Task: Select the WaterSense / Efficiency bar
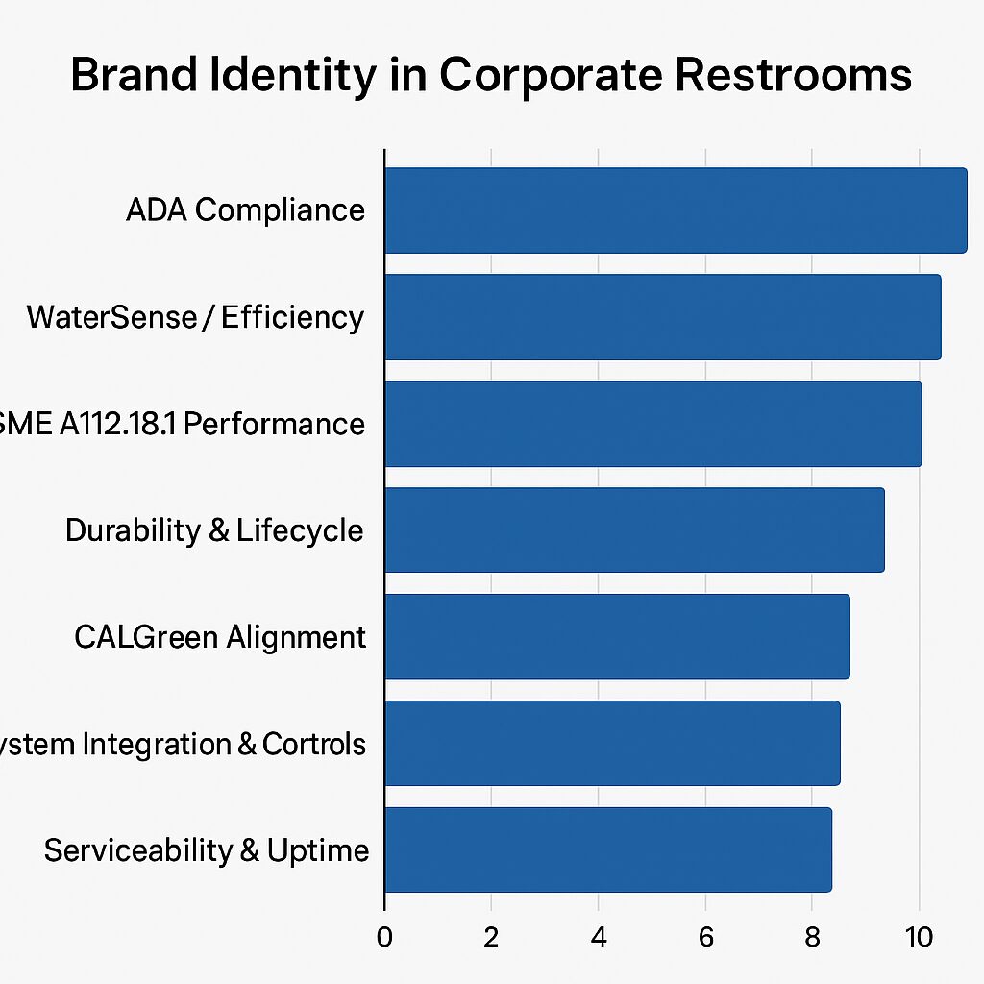click(x=663, y=317)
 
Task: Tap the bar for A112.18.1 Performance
click(x=653, y=424)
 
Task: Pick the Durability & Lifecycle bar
click(x=634, y=530)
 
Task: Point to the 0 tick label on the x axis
click(x=384, y=938)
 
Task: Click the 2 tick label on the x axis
click(x=491, y=938)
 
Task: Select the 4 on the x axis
click(x=599, y=938)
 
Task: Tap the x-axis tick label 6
click(x=705, y=938)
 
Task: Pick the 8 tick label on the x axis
click(x=813, y=938)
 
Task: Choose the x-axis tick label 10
click(x=920, y=938)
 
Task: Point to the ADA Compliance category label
click(x=246, y=210)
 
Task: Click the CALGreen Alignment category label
click(x=220, y=637)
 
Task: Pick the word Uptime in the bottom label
click(x=318, y=851)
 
